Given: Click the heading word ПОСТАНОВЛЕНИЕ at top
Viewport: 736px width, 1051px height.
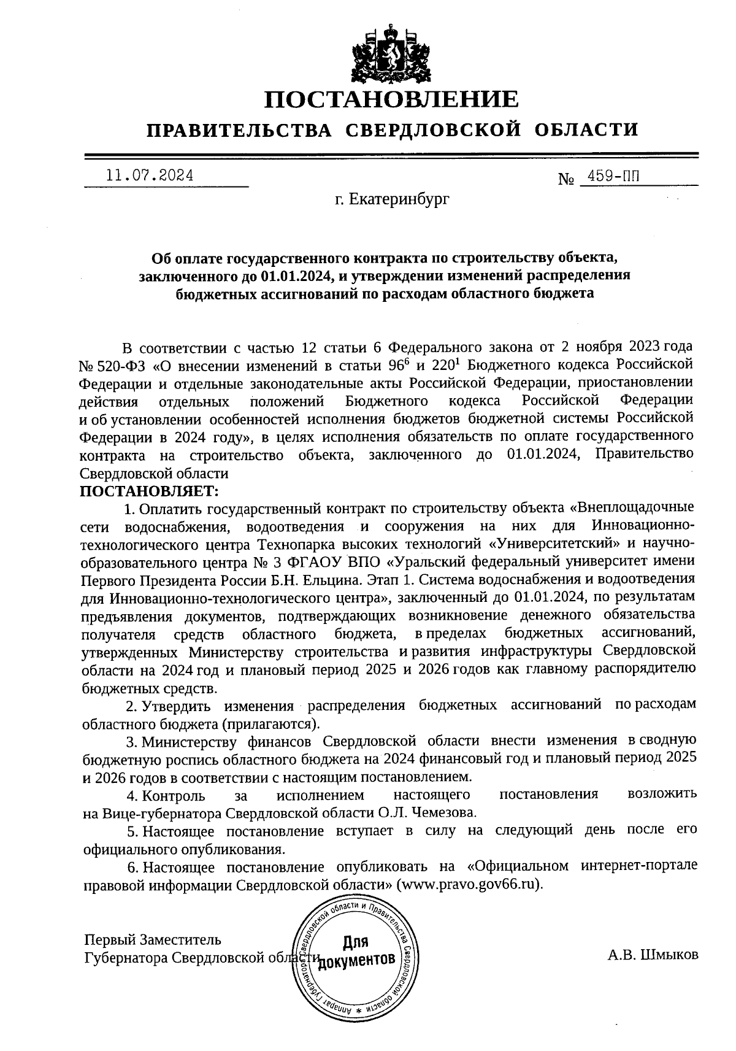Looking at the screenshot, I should [x=391, y=99].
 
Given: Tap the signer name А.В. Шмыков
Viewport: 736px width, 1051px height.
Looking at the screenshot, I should [x=653, y=955].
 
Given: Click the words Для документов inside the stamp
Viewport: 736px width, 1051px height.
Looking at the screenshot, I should [x=355, y=951].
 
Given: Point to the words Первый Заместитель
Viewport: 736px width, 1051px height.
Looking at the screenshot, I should [x=152, y=939].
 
